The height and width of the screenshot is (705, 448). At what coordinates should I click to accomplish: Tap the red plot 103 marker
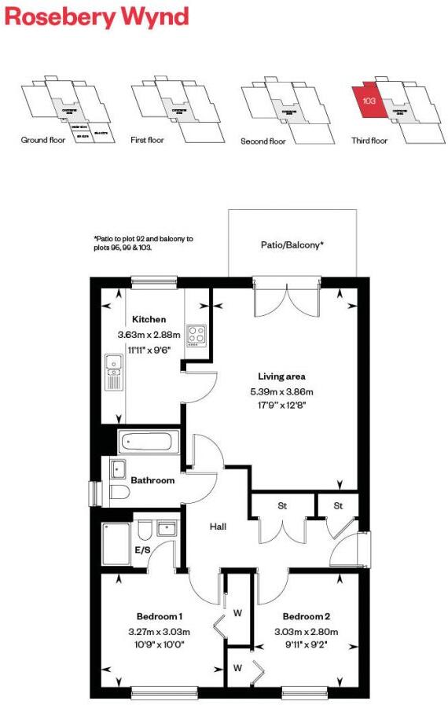(x=368, y=101)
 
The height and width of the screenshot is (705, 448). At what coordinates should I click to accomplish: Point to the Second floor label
(x=263, y=141)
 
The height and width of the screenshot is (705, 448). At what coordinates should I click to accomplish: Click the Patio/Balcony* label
(x=291, y=245)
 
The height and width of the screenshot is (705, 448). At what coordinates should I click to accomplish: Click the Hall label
(x=218, y=526)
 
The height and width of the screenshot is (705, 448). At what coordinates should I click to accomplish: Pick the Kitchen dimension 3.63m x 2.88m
(x=149, y=335)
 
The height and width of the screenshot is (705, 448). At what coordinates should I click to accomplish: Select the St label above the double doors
(x=281, y=505)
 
